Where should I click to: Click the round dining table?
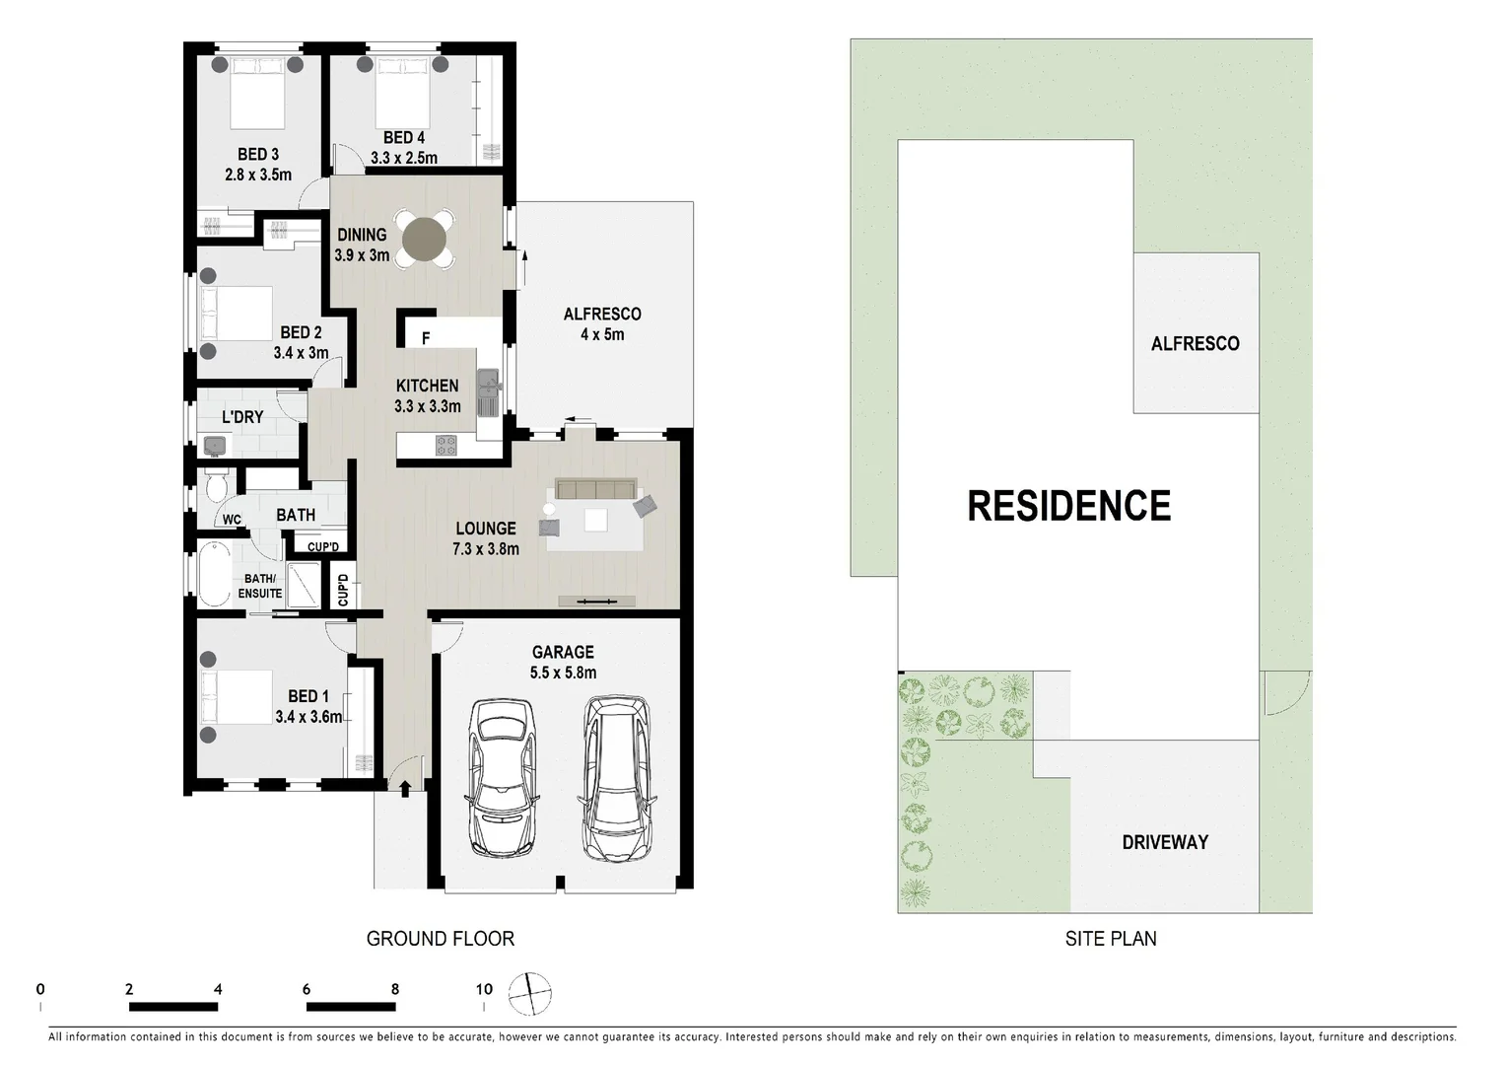click(425, 237)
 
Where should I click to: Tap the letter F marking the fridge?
click(426, 338)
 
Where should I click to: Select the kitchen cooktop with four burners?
click(446, 446)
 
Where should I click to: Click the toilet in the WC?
click(217, 488)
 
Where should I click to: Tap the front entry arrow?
click(405, 784)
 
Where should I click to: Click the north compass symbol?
click(530, 993)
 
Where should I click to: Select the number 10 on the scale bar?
click(484, 989)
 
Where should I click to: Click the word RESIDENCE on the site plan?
click(1068, 506)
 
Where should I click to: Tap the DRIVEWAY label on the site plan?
click(1164, 842)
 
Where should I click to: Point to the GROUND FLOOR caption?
click(440, 939)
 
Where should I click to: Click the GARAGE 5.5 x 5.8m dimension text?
click(563, 674)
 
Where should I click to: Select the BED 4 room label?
click(403, 138)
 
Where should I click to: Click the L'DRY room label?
click(241, 417)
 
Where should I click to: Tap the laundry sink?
click(215, 447)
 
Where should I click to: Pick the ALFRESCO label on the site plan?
click(1195, 344)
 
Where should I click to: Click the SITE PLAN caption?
click(1110, 939)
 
